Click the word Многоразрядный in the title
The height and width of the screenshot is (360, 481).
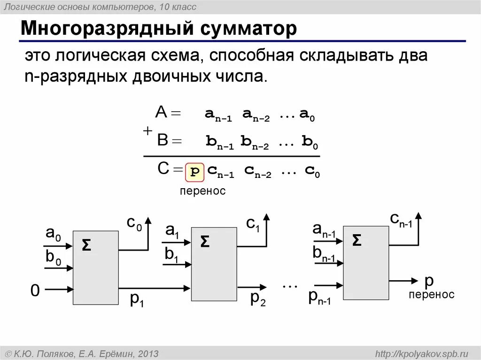(108, 29)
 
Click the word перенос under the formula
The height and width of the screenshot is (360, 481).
(203, 191)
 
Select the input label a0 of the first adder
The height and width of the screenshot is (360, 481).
(53, 233)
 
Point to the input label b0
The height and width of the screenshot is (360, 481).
(53, 258)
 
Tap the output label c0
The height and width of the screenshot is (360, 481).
(134, 224)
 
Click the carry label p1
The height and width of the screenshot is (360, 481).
(137, 299)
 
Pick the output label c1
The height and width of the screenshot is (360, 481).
(253, 224)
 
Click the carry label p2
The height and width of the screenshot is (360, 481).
(258, 298)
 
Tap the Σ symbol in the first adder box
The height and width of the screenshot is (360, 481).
(86, 245)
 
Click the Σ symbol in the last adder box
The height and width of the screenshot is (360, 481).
(357, 240)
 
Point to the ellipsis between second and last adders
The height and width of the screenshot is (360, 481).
(290, 284)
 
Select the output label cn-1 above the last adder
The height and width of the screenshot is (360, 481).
(401, 219)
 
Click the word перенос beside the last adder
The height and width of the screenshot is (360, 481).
(431, 295)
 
